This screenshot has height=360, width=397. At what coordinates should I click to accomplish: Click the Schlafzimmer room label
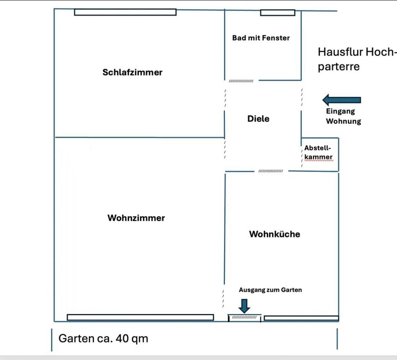click(132, 72)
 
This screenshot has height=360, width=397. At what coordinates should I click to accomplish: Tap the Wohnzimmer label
click(136, 218)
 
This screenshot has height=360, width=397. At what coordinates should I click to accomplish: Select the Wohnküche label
click(275, 234)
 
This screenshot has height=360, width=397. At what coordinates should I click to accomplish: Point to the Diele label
click(258, 119)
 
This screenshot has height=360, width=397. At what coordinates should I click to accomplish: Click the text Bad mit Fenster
click(261, 38)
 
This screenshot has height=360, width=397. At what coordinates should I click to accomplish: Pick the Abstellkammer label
click(318, 153)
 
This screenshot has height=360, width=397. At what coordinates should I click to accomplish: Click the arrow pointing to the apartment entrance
click(342, 100)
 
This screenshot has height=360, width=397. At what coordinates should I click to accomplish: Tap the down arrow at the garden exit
click(244, 305)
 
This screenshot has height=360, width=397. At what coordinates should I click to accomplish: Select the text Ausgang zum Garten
click(270, 290)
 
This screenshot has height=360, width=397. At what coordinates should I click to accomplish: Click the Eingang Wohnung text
click(343, 116)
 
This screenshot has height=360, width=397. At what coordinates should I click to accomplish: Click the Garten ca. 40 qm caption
click(103, 338)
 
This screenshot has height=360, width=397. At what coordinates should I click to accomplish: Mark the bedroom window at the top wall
click(125, 12)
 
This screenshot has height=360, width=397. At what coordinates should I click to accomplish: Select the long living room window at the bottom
click(140, 317)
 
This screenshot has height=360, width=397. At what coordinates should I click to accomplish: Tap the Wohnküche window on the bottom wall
click(301, 318)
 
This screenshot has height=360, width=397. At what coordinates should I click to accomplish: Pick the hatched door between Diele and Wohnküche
click(270, 171)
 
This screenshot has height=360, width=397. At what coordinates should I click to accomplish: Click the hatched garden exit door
click(244, 317)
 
